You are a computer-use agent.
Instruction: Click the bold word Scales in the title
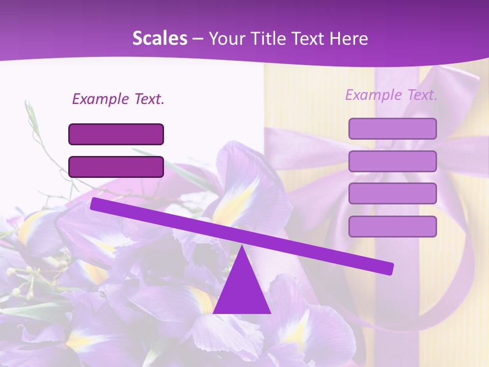pos(159,38)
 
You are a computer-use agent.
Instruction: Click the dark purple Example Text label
pos(118,99)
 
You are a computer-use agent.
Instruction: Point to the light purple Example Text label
pos(391,95)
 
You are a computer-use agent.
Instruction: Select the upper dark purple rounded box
pos(116,134)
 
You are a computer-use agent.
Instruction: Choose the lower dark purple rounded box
pos(116,167)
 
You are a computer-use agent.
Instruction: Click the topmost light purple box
pos(392,128)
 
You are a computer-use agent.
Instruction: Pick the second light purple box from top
pos(392,161)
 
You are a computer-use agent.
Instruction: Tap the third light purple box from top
pos(392,194)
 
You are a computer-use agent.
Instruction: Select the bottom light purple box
pos(392,226)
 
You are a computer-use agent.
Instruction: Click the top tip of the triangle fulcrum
pos(241,247)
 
